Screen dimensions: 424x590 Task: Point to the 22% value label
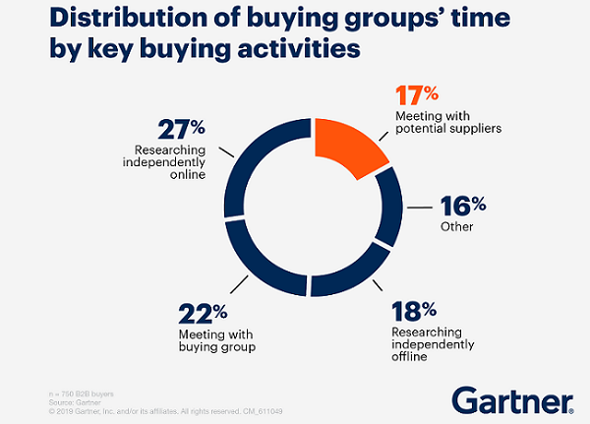coord(205,313)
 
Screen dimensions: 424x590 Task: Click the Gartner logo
coord(511,398)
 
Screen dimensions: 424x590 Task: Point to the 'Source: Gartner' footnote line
coord(39,401)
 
